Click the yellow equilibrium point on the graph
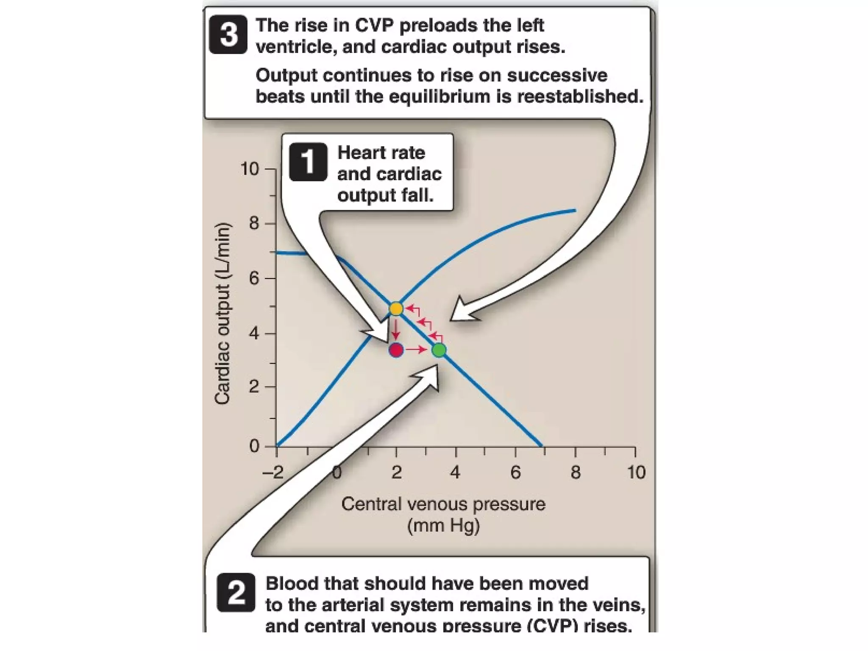[x=396, y=309]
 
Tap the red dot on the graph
[x=396, y=350]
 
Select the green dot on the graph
[x=439, y=350]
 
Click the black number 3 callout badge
[x=228, y=34]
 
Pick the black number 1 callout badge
[x=308, y=162]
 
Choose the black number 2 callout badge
[x=236, y=593]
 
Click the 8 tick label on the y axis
[x=254, y=223]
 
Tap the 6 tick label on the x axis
[x=515, y=472]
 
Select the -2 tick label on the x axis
[x=273, y=472]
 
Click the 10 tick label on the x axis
[x=636, y=472]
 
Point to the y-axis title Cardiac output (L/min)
[x=223, y=314]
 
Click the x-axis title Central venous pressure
[x=443, y=504]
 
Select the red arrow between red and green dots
[x=417, y=350]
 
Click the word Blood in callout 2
[x=291, y=584]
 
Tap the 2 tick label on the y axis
[x=254, y=387]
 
